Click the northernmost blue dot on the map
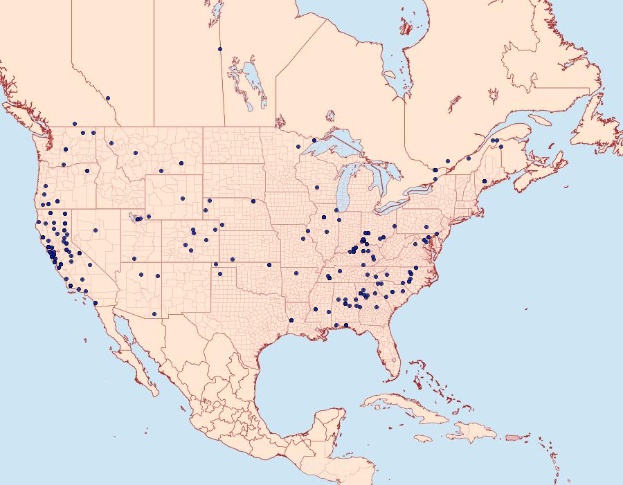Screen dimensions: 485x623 pyautogui.click(x=219, y=49)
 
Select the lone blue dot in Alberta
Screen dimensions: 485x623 pyautogui.click(x=108, y=98)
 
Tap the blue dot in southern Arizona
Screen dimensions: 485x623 pyautogui.click(x=154, y=314)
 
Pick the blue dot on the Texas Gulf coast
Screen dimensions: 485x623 pyautogui.click(x=291, y=320)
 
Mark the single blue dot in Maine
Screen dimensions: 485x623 pyautogui.click(x=485, y=181)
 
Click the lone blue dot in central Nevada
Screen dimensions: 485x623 pyautogui.click(x=96, y=230)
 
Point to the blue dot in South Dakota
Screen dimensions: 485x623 pyautogui.click(x=253, y=201)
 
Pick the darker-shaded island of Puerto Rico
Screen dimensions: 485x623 pyautogui.click(x=512, y=437)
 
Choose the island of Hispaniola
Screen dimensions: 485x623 pyautogui.click(x=474, y=433)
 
